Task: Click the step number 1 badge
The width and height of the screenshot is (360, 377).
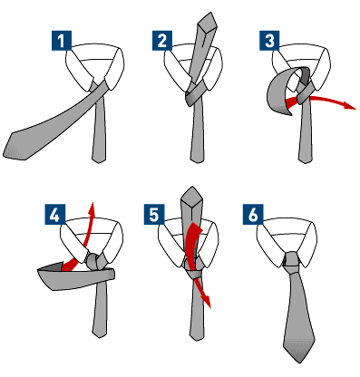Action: (59, 41)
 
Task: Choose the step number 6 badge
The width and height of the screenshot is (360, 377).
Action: (256, 216)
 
